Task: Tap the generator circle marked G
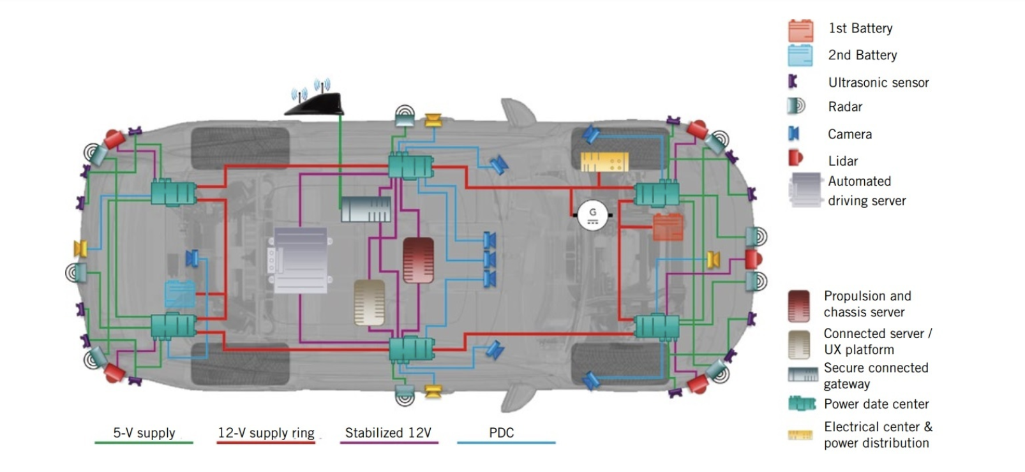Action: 592,216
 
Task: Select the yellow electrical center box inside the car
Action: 604,162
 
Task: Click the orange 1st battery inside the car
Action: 668,227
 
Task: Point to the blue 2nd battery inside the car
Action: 180,294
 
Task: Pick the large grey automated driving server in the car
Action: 301,260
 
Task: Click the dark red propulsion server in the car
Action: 418,260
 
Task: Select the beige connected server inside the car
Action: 370,302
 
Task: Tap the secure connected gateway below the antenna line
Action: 366,209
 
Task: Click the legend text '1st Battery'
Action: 860,28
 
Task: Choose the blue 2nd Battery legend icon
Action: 800,55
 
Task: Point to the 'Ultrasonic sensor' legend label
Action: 879,83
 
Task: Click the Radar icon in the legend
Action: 797,106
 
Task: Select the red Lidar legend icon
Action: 795,158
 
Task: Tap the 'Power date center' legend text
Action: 876,404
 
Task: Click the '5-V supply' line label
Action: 144,432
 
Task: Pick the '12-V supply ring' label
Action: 266,432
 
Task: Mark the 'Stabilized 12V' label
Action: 388,432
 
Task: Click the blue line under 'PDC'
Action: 506,443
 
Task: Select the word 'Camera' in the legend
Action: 849,135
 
